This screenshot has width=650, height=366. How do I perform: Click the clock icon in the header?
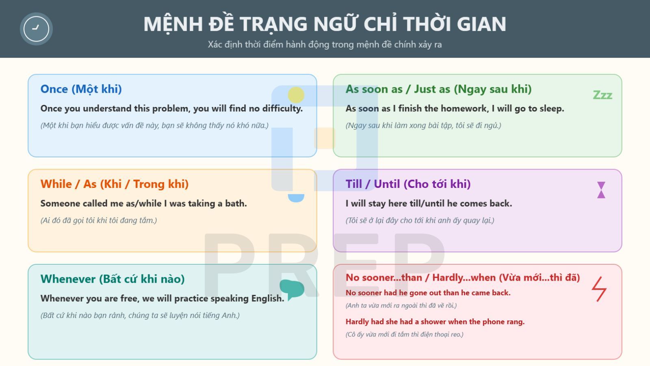pyautogui.click(x=36, y=29)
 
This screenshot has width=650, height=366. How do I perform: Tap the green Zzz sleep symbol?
pyautogui.click(x=602, y=95)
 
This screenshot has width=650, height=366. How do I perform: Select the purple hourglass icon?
pyautogui.click(x=601, y=190)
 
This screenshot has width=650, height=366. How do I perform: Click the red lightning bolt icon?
pyautogui.click(x=599, y=289)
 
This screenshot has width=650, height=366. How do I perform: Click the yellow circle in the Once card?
pyautogui.click(x=296, y=95)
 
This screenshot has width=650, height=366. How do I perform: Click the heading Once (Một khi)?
pyautogui.click(x=81, y=89)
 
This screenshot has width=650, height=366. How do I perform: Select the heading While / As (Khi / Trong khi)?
pyautogui.click(x=114, y=184)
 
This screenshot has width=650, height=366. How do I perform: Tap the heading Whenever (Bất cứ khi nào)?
pyautogui.click(x=112, y=279)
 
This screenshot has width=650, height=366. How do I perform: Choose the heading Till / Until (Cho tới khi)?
pyautogui.click(x=408, y=184)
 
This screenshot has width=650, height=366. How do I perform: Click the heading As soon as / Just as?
pyautogui.click(x=438, y=89)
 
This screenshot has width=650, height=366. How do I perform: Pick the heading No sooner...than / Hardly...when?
pyautogui.click(x=462, y=277)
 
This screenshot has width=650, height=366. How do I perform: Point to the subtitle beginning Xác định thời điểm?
pyautogui.click(x=325, y=44)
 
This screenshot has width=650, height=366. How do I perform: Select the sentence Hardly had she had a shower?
pyautogui.click(x=435, y=322)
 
